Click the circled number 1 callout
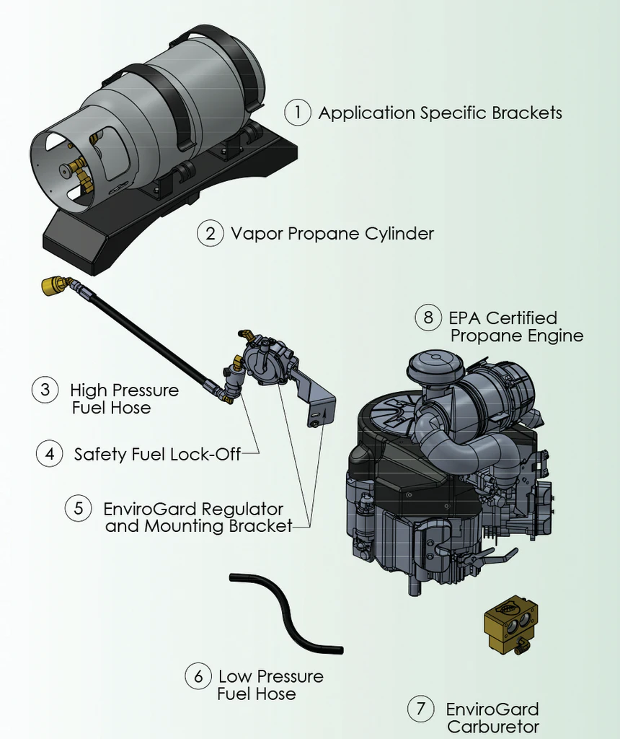(297, 113)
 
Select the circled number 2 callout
(210, 233)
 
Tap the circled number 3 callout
(45, 390)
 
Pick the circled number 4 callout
(49, 454)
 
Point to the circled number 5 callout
(79, 508)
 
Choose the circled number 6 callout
(198, 676)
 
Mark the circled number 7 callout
(421, 709)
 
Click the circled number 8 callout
(428, 318)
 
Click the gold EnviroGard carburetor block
(510, 621)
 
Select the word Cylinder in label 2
(400, 233)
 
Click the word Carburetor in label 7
(493, 726)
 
